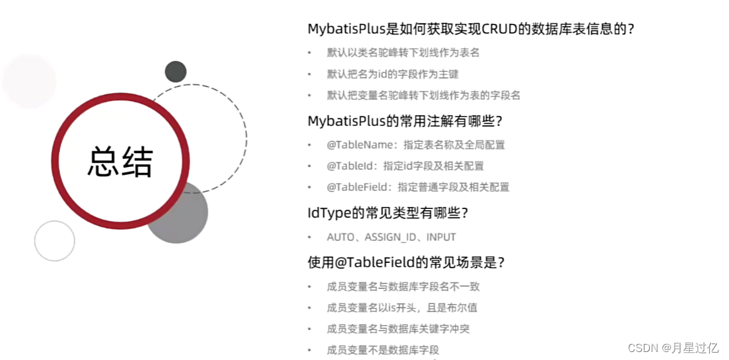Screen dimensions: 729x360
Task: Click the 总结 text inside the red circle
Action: (x=120, y=162)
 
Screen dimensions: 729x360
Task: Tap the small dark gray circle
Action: (x=176, y=71)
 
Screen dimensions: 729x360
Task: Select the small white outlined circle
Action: (x=55, y=241)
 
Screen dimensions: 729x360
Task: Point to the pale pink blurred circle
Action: (x=29, y=81)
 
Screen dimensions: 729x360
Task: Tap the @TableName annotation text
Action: (x=360, y=144)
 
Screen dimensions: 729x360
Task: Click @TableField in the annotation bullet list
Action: (x=358, y=187)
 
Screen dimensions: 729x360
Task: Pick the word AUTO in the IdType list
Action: (x=341, y=237)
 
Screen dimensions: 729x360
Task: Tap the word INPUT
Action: (x=441, y=237)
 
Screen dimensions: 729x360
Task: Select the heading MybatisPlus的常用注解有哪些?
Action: (x=404, y=121)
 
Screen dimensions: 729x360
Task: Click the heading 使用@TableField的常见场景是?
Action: (x=406, y=262)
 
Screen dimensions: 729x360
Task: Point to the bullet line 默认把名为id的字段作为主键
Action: (x=392, y=74)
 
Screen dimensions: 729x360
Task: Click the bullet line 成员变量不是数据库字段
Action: (x=382, y=350)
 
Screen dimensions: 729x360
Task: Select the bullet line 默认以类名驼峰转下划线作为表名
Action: (x=403, y=53)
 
